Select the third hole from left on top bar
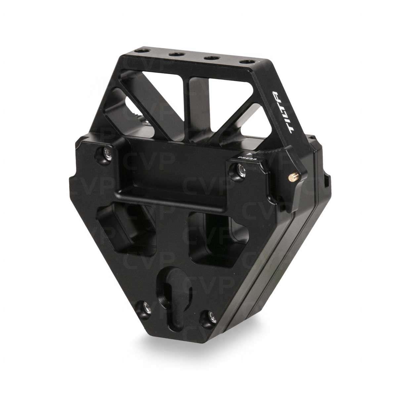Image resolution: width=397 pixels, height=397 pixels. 209,59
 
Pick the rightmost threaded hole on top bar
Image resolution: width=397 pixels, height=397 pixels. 245,62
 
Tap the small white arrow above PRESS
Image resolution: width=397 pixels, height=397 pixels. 252,154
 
